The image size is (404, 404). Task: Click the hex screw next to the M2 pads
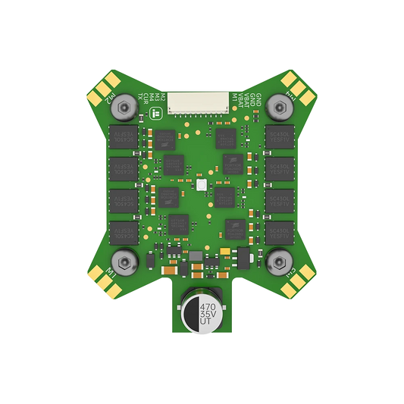pyautogui.click(x=121, y=109)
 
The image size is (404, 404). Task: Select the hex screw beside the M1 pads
pyautogui.click(x=121, y=260)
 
